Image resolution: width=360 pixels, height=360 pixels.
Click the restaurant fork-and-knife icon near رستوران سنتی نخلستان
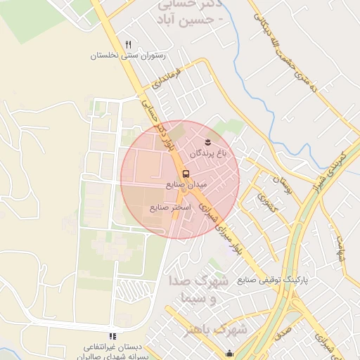(128, 44)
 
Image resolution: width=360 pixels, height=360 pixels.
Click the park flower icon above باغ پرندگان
(207, 142)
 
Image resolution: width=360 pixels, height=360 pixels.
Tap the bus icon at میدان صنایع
(186, 173)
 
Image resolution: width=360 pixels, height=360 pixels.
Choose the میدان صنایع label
(186, 184)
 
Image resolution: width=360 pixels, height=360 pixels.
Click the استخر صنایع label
(171, 207)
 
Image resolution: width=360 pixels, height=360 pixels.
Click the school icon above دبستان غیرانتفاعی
(112, 336)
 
